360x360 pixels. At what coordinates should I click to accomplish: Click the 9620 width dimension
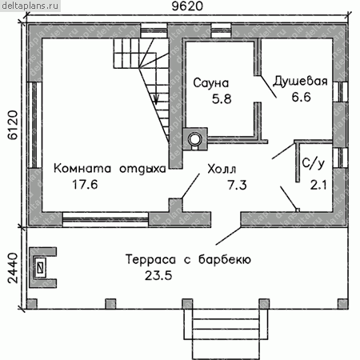point(187,6)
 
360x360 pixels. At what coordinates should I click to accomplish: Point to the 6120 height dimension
point(13,125)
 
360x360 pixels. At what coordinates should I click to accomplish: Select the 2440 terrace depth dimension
point(13,268)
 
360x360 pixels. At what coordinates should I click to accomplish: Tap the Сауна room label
point(211,83)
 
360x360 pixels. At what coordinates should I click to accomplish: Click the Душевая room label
point(300,82)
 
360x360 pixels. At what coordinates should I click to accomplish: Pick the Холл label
point(222,169)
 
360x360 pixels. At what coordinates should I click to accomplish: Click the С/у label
point(314,163)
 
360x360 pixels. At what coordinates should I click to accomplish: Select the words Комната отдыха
point(110,170)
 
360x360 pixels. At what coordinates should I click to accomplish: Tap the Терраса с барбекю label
point(188,259)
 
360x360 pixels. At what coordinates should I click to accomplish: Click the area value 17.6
point(85,185)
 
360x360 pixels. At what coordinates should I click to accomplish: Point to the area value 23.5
point(158,275)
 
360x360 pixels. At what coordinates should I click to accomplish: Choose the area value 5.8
point(222,99)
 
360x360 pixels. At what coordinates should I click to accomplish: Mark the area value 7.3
point(237,185)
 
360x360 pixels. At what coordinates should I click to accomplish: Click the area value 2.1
point(318,185)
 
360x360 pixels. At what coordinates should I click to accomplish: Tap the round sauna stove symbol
point(195,138)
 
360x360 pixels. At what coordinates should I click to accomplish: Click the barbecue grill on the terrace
point(42,267)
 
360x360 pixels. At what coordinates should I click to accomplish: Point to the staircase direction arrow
point(156,98)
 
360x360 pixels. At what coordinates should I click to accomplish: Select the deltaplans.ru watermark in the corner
point(30,6)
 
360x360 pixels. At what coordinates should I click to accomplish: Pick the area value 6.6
point(301,97)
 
